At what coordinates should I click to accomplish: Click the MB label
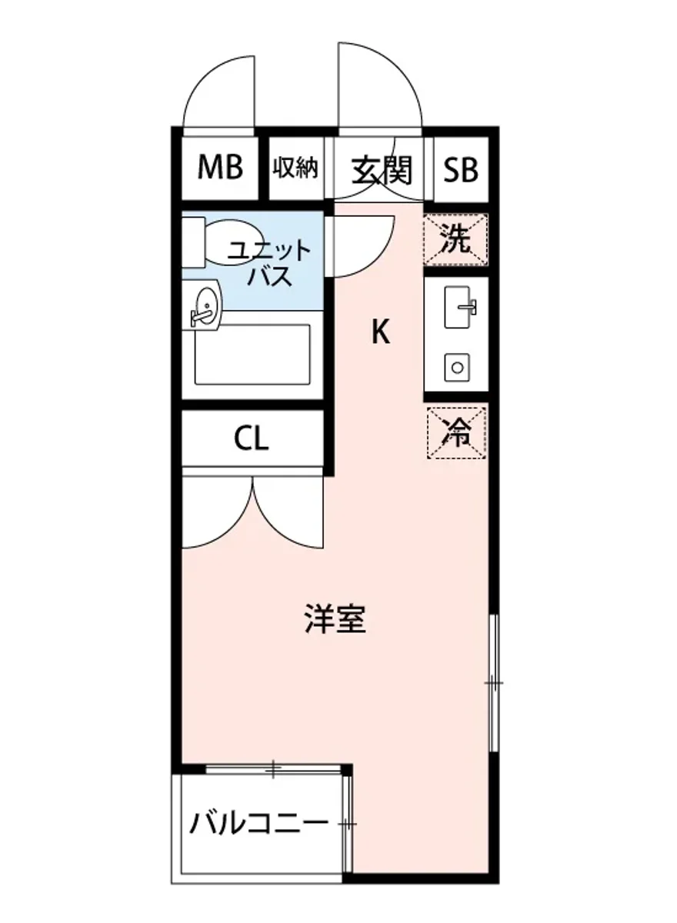[220, 167]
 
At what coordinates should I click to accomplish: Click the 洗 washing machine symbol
[455, 240]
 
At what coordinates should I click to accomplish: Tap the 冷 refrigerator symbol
[456, 433]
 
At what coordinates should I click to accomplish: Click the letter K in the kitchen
[380, 332]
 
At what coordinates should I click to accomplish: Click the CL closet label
[252, 440]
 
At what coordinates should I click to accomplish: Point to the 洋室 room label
[335, 619]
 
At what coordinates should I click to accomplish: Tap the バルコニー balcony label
[259, 824]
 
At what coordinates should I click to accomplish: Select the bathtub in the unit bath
[252, 354]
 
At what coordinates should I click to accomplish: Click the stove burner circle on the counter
[457, 367]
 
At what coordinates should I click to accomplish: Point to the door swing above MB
[218, 96]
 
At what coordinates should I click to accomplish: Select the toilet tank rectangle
[193, 242]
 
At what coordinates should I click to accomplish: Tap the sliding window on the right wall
[494, 682]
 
